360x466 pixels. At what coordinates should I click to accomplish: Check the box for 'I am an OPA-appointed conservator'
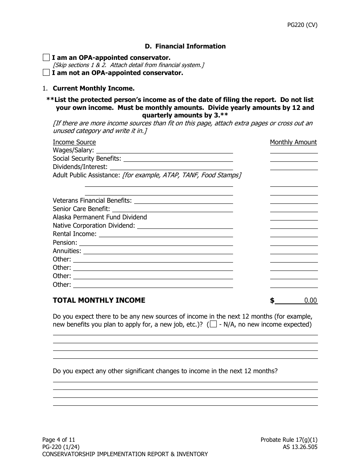tap(46, 58)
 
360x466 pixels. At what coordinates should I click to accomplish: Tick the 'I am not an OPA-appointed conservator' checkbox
tap(46, 73)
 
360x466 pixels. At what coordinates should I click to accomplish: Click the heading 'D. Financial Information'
tap(185, 46)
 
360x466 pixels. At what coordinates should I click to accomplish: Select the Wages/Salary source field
tap(164, 150)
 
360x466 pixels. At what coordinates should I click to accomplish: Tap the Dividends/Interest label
tap(80, 167)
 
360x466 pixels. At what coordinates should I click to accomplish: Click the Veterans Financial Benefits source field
tap(183, 200)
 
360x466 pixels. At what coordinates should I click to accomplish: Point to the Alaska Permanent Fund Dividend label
tap(100, 217)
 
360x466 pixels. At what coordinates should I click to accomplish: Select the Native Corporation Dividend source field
tap(185, 226)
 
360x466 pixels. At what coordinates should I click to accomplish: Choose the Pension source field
tap(156, 242)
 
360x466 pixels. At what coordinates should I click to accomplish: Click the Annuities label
tap(67, 251)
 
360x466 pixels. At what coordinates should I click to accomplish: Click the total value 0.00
tap(310, 300)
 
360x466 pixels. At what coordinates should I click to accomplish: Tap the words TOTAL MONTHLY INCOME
tap(99, 300)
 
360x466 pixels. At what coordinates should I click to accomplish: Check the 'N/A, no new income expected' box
tap(213, 324)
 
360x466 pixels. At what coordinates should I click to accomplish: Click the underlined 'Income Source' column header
tap(74, 142)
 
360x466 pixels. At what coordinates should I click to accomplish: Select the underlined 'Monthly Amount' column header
tap(293, 142)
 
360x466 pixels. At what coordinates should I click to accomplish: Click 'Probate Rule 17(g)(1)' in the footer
tap(289, 440)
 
